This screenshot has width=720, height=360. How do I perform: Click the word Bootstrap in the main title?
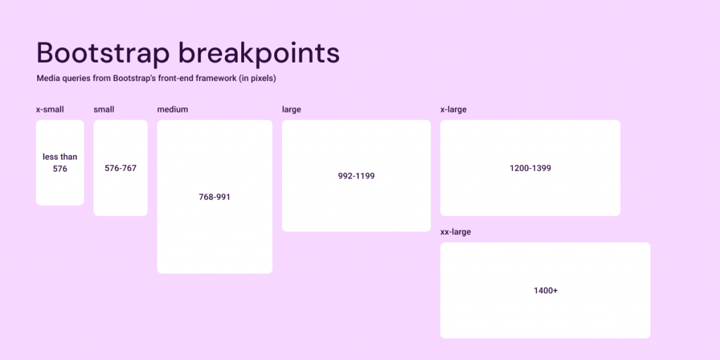[x=103, y=53]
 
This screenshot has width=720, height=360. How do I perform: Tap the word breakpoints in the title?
[x=259, y=53]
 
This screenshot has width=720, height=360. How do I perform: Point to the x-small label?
[x=50, y=109]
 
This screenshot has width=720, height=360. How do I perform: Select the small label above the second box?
[x=104, y=109]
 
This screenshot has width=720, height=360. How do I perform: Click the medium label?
[x=173, y=109]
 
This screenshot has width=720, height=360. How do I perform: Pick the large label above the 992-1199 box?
[x=292, y=110]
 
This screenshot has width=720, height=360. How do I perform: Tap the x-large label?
[x=454, y=110]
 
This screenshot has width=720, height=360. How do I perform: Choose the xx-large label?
[x=456, y=232]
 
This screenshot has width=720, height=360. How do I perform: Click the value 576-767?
[x=121, y=168]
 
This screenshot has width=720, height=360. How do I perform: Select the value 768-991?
[x=214, y=197]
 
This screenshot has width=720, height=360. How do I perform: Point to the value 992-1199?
[x=356, y=176]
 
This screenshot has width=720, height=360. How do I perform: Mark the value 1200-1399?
[x=530, y=168]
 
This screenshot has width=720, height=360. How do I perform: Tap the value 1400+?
[x=546, y=290]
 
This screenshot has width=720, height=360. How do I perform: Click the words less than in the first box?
[x=60, y=157]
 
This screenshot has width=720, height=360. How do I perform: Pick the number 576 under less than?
[x=60, y=169]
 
